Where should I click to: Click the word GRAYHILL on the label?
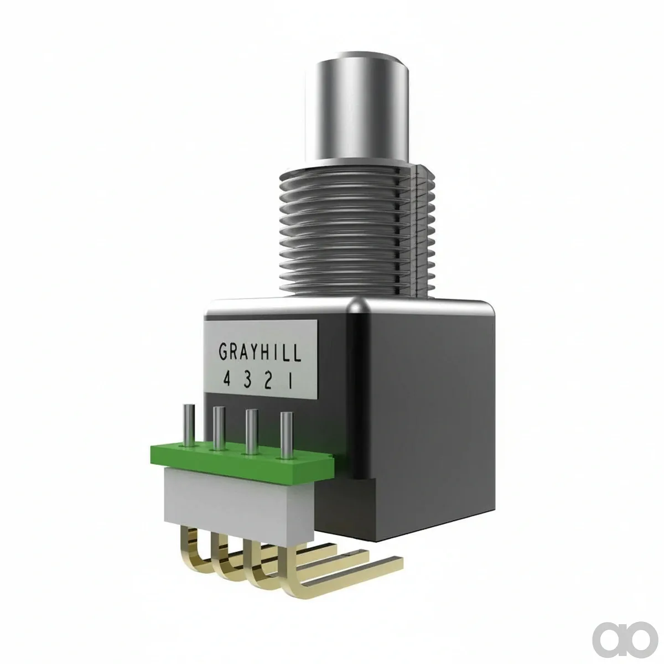[260, 352]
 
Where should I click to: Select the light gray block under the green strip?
[240, 506]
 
